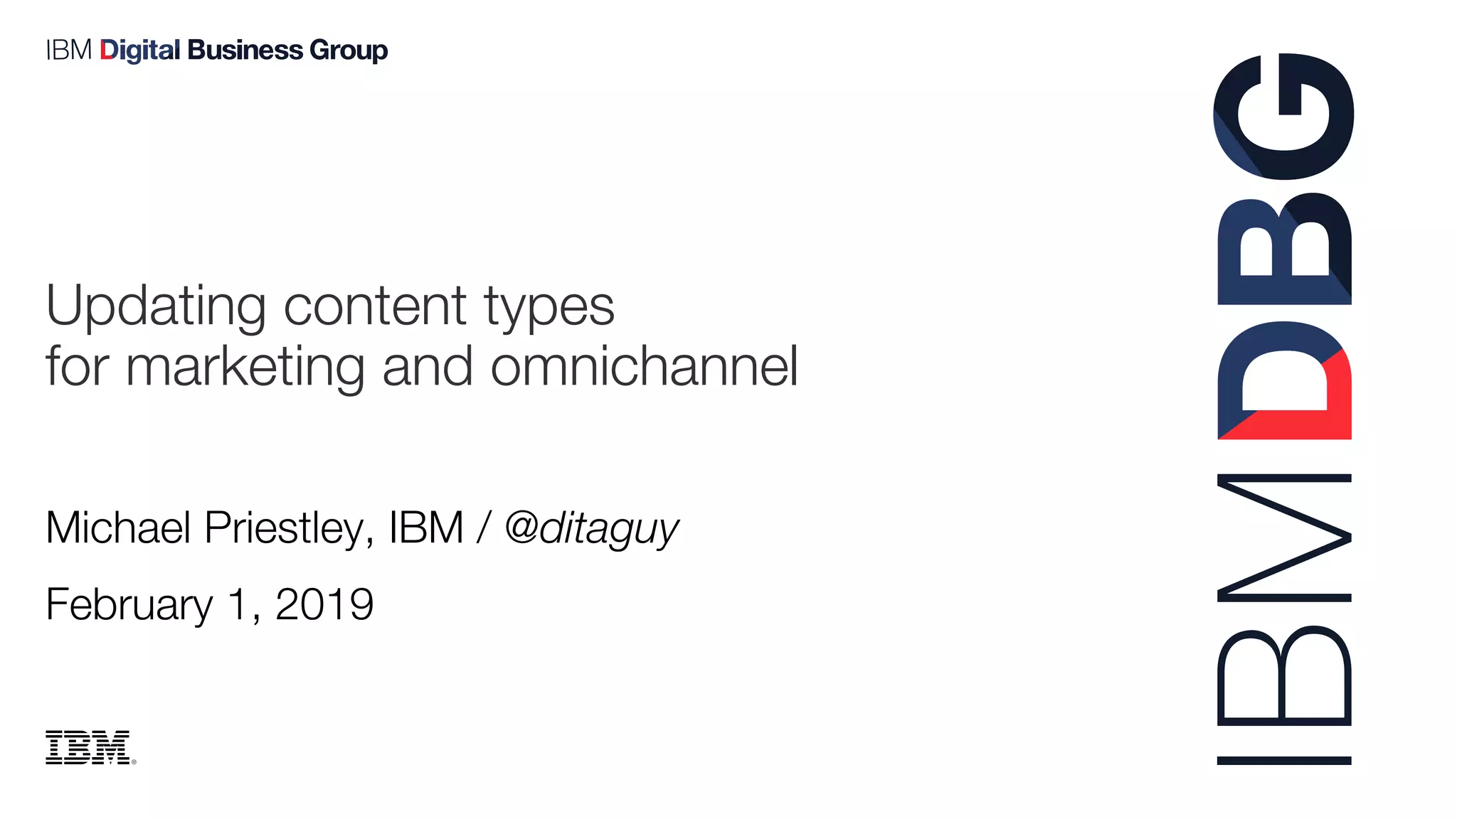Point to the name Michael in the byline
(118, 528)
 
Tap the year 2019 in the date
(324, 605)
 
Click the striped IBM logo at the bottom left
(88, 747)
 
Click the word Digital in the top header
(139, 50)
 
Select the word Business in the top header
(245, 50)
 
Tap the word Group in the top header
(349, 51)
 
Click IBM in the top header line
(68, 50)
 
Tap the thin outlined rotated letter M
(1284, 538)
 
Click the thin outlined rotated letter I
(1284, 761)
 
